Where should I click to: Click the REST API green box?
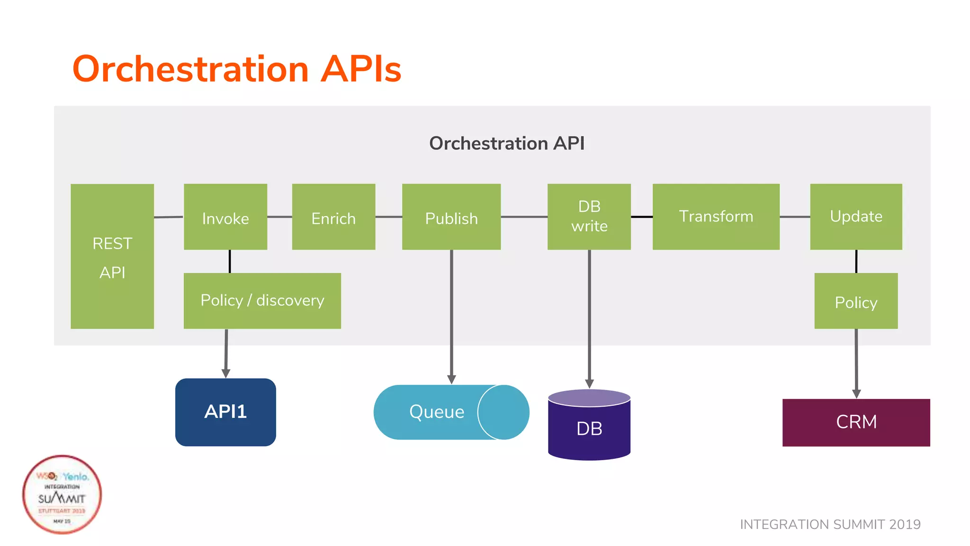click(112, 256)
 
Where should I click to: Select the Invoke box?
click(225, 217)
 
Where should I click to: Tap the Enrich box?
click(333, 217)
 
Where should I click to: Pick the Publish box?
click(451, 217)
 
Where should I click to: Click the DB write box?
click(589, 217)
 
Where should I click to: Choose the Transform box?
click(716, 217)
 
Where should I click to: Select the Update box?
click(856, 217)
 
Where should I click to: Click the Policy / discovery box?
click(262, 300)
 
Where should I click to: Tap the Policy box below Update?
click(856, 301)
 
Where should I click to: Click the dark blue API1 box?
click(225, 412)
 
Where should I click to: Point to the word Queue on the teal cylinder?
click(437, 411)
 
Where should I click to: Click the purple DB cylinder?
click(589, 428)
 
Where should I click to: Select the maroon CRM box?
click(856, 422)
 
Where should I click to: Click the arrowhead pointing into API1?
click(226, 373)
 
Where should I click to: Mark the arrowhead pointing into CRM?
click(856, 394)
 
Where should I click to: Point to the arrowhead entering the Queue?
click(451, 380)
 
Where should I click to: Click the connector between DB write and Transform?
click(642, 217)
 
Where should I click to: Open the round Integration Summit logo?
click(62, 494)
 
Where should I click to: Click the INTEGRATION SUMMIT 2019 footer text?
click(830, 524)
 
